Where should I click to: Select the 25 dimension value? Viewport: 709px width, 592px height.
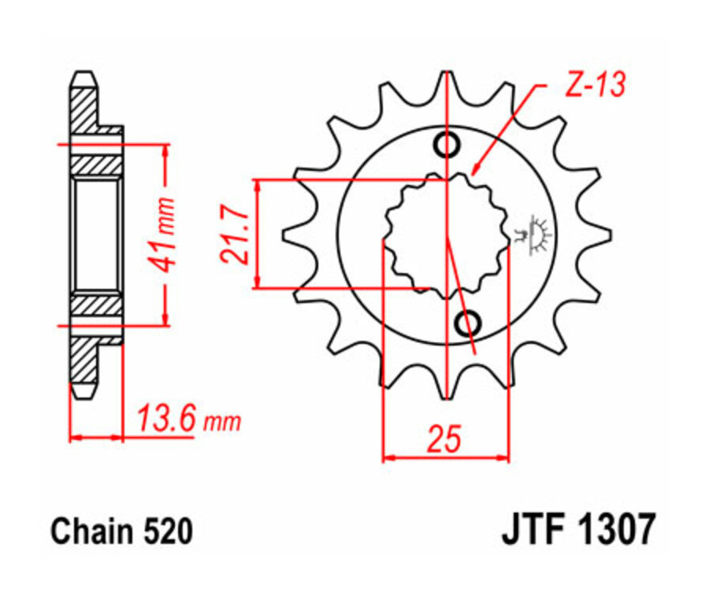[445, 439]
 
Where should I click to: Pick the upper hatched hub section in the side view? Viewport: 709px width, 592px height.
[96, 165]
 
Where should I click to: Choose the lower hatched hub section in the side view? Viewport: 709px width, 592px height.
[96, 305]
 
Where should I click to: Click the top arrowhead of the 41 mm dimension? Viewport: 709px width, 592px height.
[165, 150]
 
